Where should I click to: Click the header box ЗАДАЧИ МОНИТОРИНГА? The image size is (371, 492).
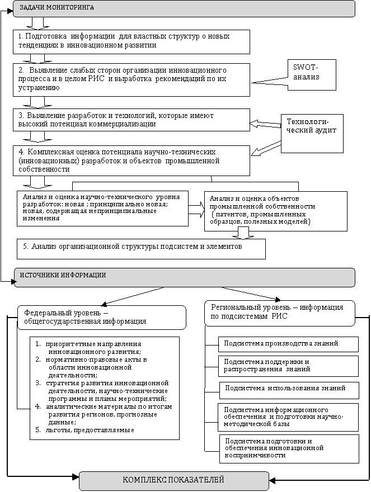pos(184,8)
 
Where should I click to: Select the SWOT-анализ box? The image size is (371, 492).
pos(311,74)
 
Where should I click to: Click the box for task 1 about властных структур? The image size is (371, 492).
pos(132,41)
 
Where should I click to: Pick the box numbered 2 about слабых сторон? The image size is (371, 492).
pos(132,79)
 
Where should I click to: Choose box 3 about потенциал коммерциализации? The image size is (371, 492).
pos(132,120)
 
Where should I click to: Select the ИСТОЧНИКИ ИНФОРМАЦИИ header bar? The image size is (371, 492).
pos(184,277)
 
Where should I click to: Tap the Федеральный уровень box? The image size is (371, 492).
pos(102,317)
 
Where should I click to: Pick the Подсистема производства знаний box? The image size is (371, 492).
pos(288,343)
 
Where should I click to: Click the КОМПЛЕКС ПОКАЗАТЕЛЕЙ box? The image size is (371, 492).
pos(174,481)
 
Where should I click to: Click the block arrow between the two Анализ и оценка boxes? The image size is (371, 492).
pos(196,209)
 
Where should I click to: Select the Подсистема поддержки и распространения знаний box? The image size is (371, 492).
pos(288,366)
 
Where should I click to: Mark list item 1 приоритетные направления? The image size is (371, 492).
pos(90,347)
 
